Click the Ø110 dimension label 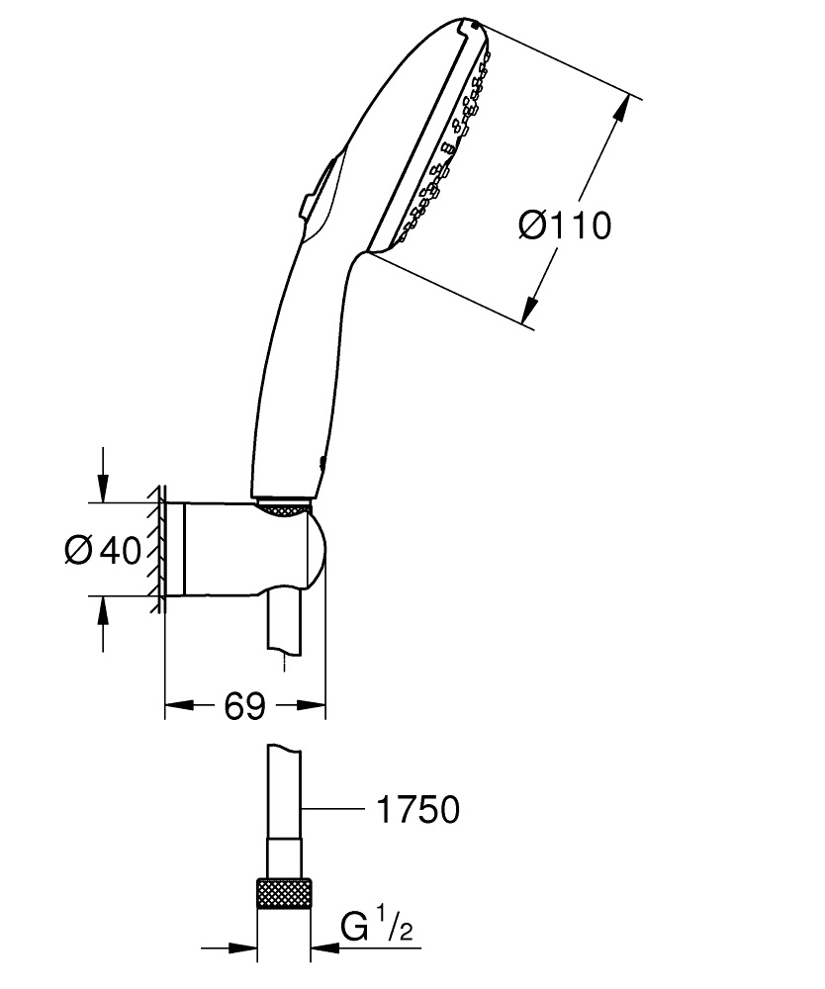(x=565, y=226)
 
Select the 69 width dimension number (x=244, y=706)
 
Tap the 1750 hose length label (x=417, y=810)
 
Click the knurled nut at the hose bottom (x=284, y=897)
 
